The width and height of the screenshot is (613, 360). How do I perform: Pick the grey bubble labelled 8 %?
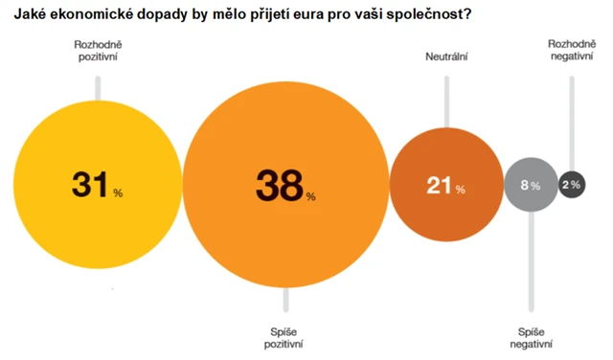[530, 185]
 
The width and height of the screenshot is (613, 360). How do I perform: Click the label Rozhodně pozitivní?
[96, 51]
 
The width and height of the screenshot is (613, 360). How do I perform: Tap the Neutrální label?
[445, 57]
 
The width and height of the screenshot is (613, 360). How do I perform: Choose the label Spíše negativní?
[531, 336]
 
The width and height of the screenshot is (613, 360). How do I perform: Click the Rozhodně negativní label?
[572, 51]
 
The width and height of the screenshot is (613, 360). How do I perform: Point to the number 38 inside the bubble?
[278, 186]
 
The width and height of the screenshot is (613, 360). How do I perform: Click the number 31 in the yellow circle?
[91, 185]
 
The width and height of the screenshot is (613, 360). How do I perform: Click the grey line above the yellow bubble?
[96, 84]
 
